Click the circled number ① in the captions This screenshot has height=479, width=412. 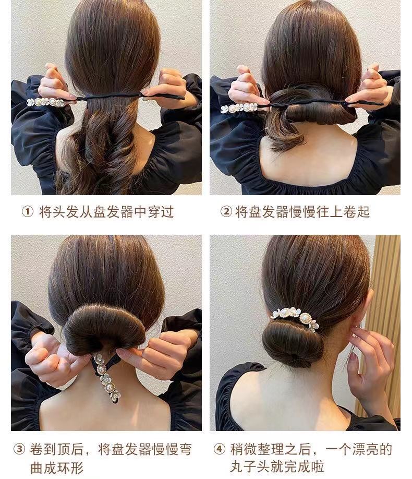coord(27,211)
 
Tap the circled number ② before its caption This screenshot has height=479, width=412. coord(226,211)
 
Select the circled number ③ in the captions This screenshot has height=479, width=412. coord(19,449)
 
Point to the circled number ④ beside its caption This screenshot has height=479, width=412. coord(219,449)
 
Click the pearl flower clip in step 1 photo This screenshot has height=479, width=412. coord(46,102)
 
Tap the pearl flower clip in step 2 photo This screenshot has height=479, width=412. coord(239,107)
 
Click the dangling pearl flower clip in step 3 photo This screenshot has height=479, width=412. coord(106,377)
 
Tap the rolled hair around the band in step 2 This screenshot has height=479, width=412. coord(314,107)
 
